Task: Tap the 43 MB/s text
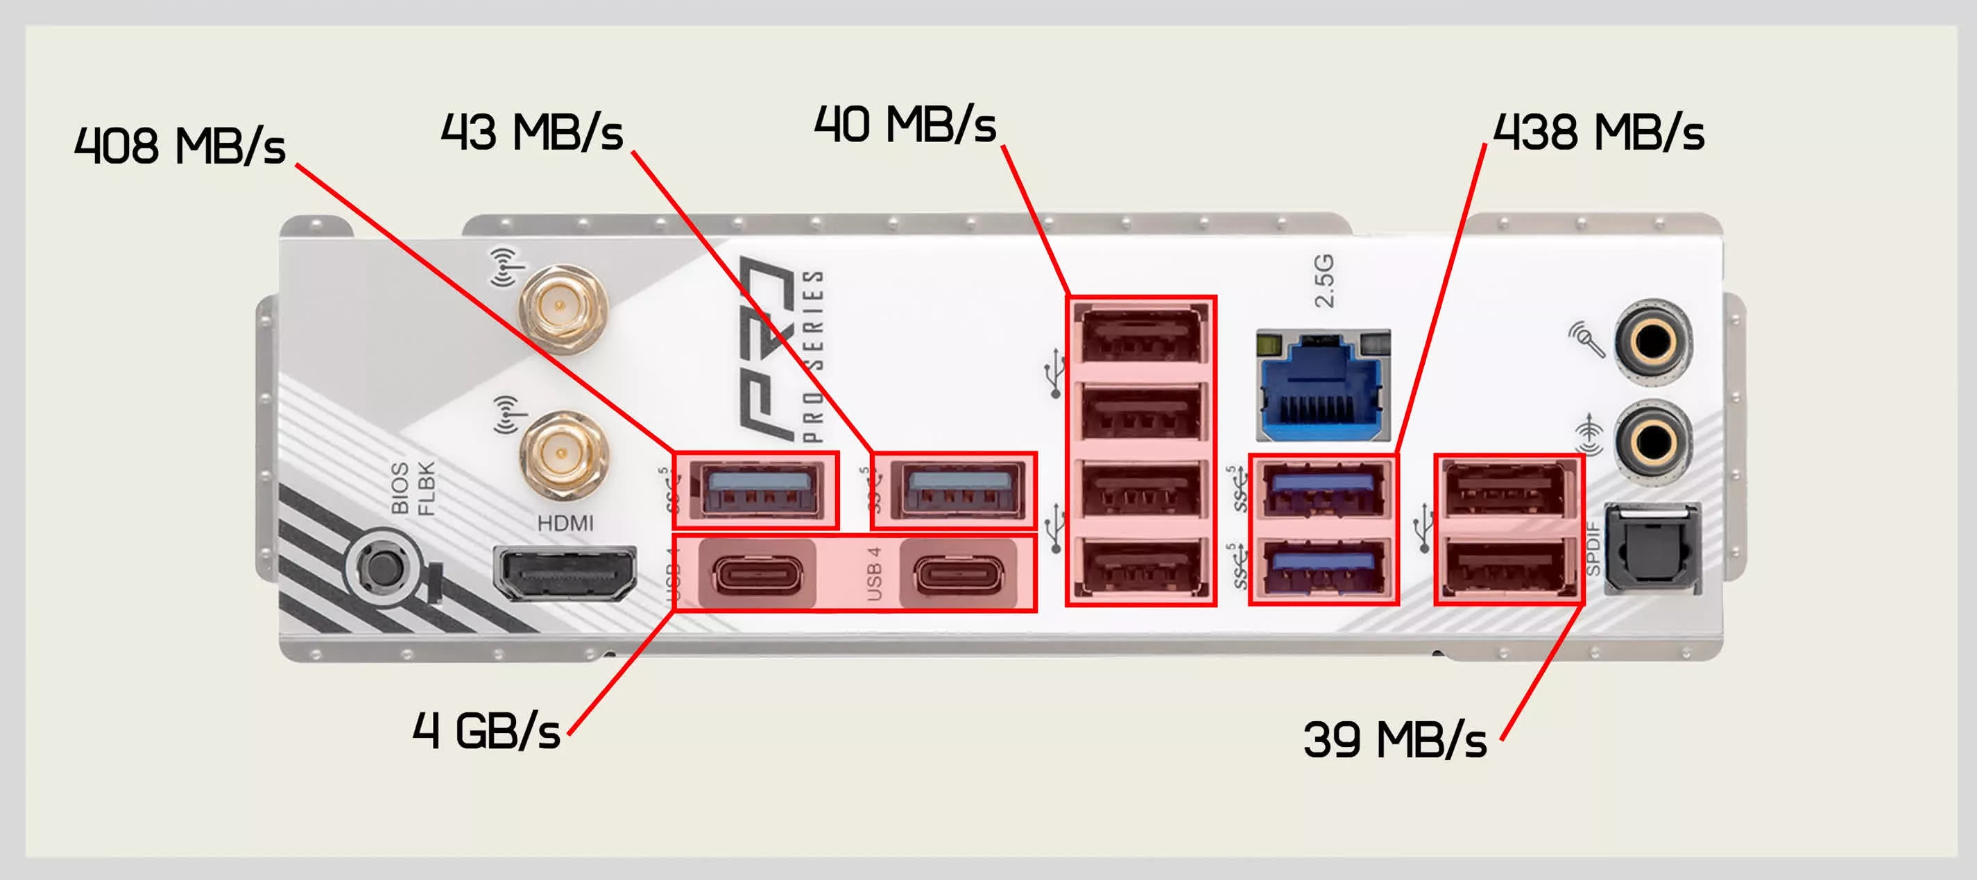click(531, 132)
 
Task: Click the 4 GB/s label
click(486, 730)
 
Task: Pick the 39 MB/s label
click(1394, 741)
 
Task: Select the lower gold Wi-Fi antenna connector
click(564, 454)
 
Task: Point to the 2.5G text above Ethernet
click(1324, 281)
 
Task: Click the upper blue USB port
click(1322, 490)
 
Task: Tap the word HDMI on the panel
click(565, 524)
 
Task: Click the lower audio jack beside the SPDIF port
click(1652, 440)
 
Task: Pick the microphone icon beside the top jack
click(1586, 338)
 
